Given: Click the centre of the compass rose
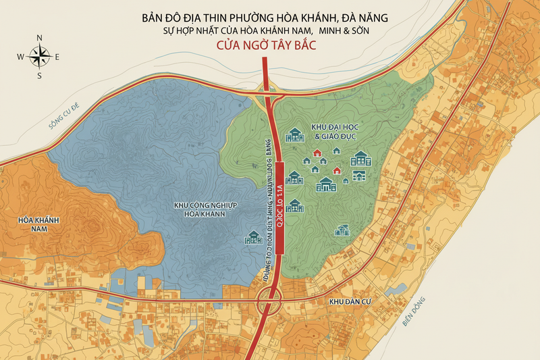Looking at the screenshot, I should (x=39, y=56).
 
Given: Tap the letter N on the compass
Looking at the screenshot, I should (x=39, y=38).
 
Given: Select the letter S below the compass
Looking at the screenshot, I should (x=39, y=76).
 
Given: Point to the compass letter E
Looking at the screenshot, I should (x=57, y=57).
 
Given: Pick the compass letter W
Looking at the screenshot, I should (x=20, y=57).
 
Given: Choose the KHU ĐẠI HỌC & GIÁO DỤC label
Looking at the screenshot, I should (x=333, y=132).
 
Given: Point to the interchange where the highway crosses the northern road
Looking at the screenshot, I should (x=268, y=90).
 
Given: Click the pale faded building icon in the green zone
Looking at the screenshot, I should (x=342, y=230).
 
